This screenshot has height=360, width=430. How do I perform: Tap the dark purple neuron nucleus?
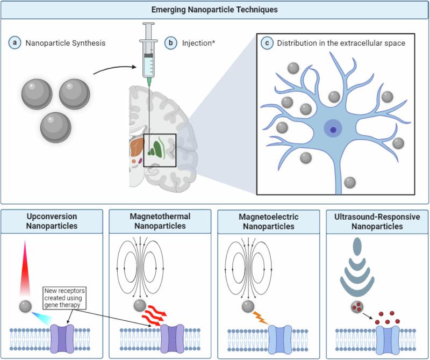tap(334, 129)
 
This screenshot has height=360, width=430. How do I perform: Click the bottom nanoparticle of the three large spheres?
tap(56, 127)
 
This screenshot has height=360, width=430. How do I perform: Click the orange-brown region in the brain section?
tap(137, 146)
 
